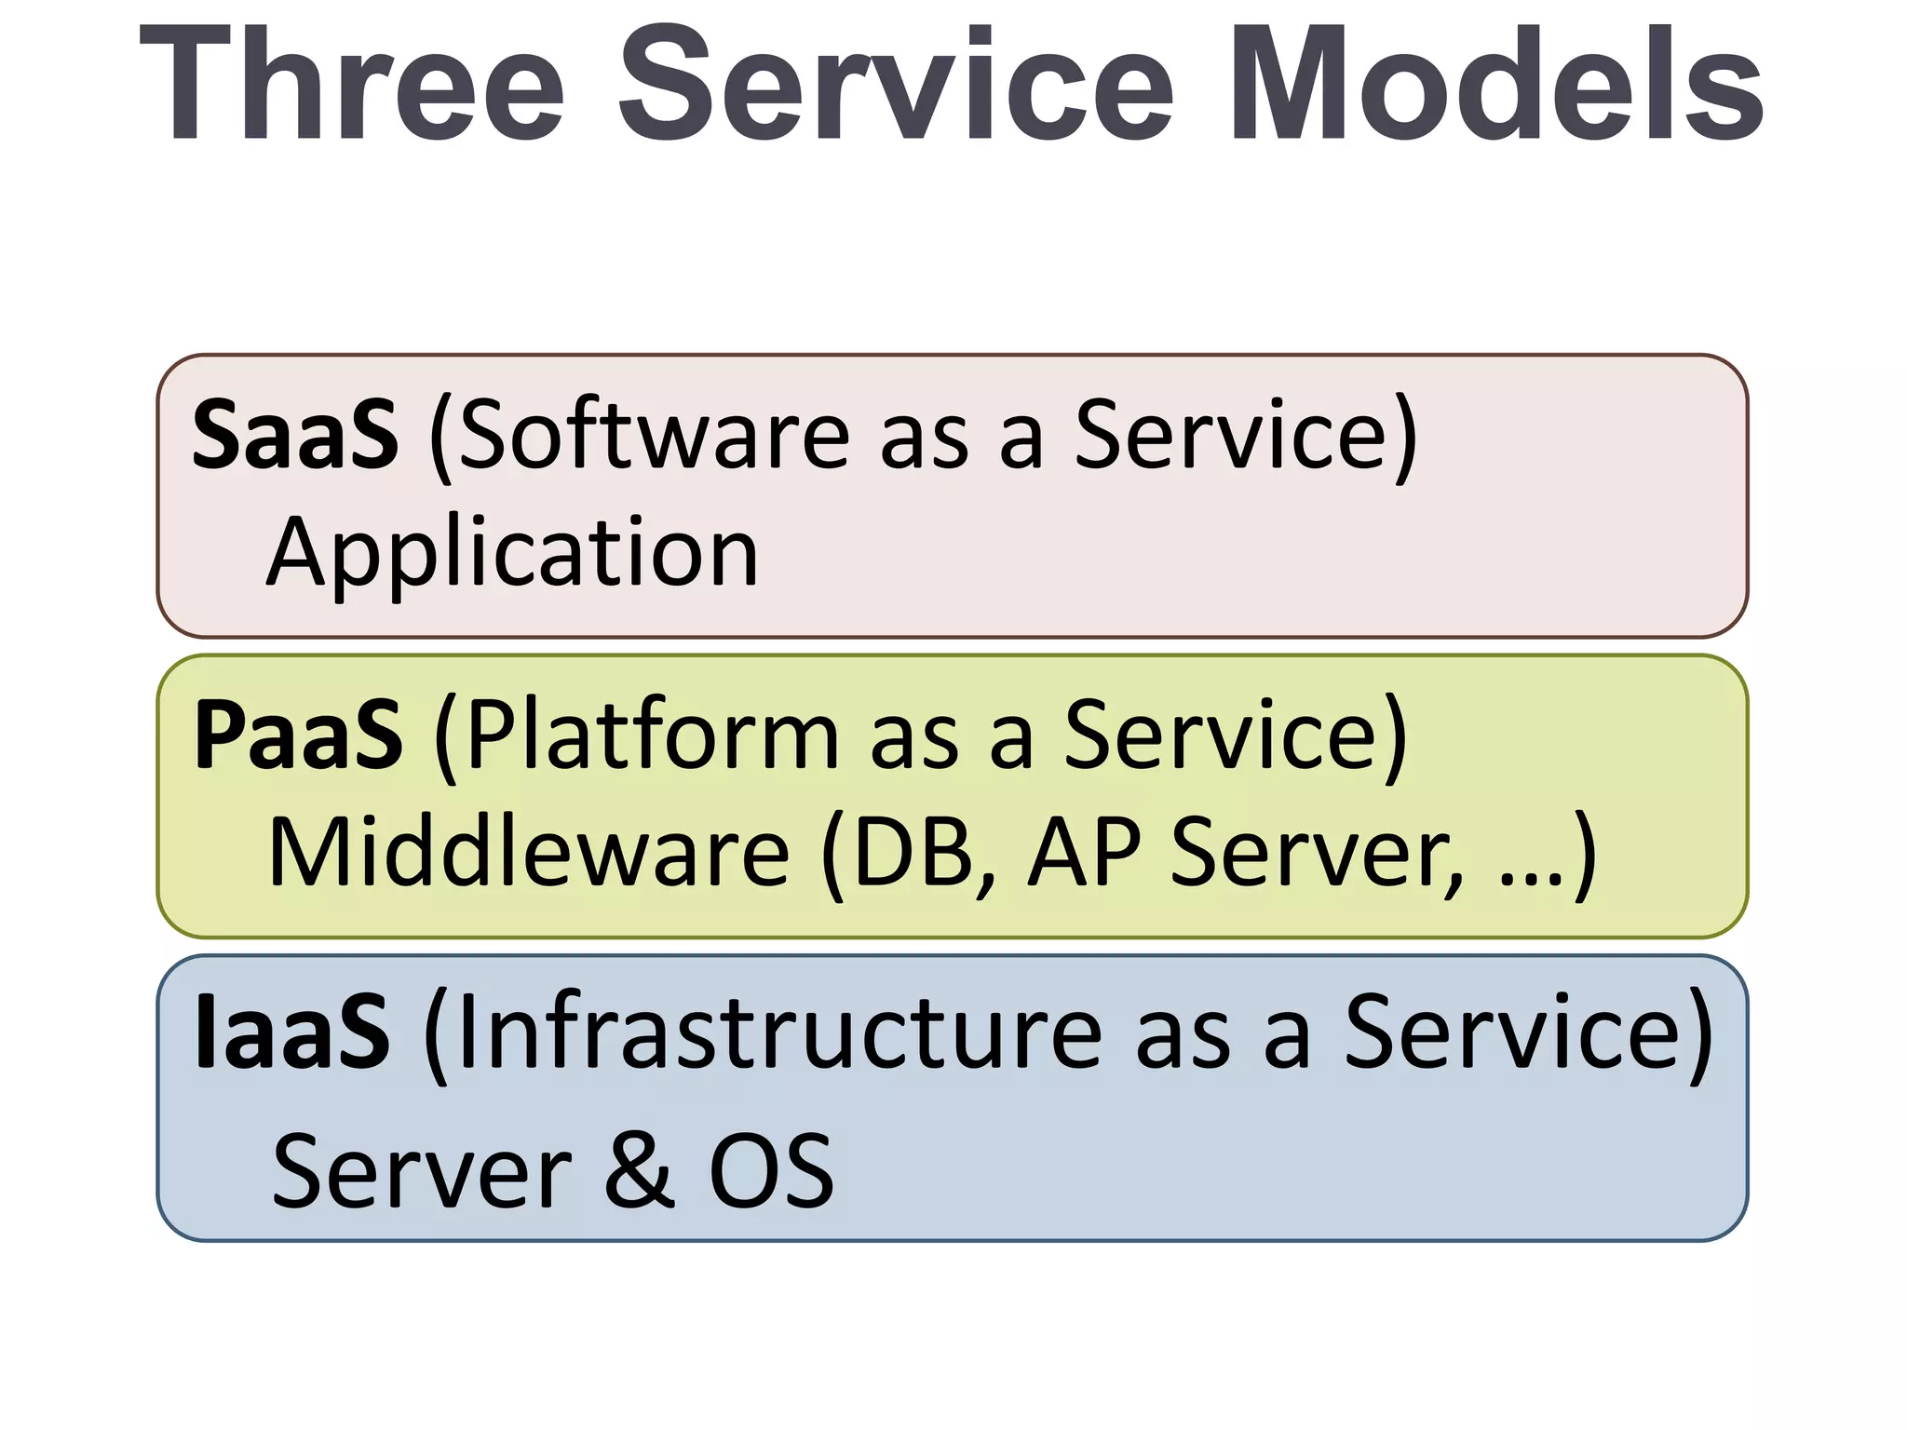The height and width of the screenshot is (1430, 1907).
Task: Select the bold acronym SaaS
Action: (x=295, y=434)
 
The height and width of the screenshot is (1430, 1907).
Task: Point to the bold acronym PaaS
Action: (x=298, y=735)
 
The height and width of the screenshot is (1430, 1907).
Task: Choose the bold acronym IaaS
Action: (x=291, y=1032)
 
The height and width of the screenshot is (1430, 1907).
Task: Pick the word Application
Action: (x=513, y=553)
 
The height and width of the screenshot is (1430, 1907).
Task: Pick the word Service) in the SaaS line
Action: (x=1246, y=434)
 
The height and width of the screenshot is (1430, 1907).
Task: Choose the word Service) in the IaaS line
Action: (x=1528, y=1032)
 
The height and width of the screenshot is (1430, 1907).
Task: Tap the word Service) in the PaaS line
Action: (x=1236, y=735)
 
